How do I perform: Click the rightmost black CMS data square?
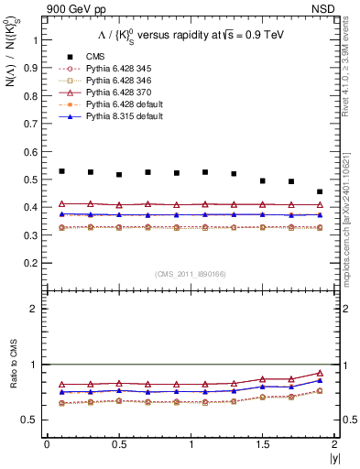(x=320, y=192)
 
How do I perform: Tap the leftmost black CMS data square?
(x=61, y=171)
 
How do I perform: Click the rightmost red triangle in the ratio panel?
(x=320, y=373)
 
